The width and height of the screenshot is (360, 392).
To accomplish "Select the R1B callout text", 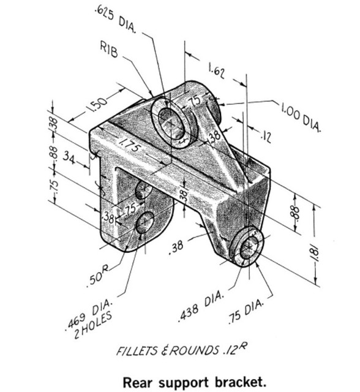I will [x=110, y=50].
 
